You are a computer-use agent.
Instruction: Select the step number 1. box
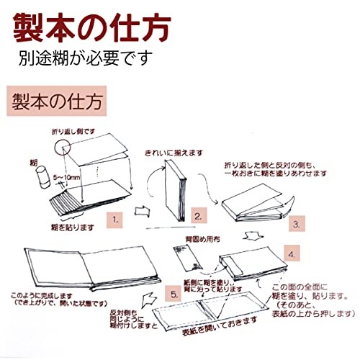pyautogui.click(x=114, y=215)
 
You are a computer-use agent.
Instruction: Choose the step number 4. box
pyautogui.click(x=289, y=255)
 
